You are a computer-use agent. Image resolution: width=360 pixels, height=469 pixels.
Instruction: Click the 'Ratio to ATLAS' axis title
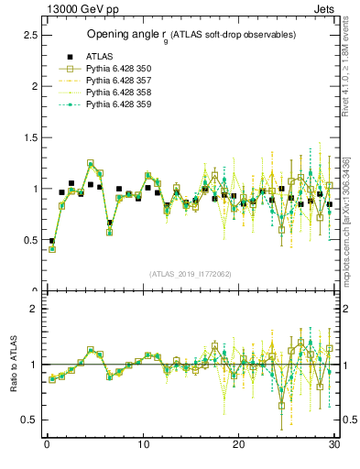[x=12, y=364]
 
